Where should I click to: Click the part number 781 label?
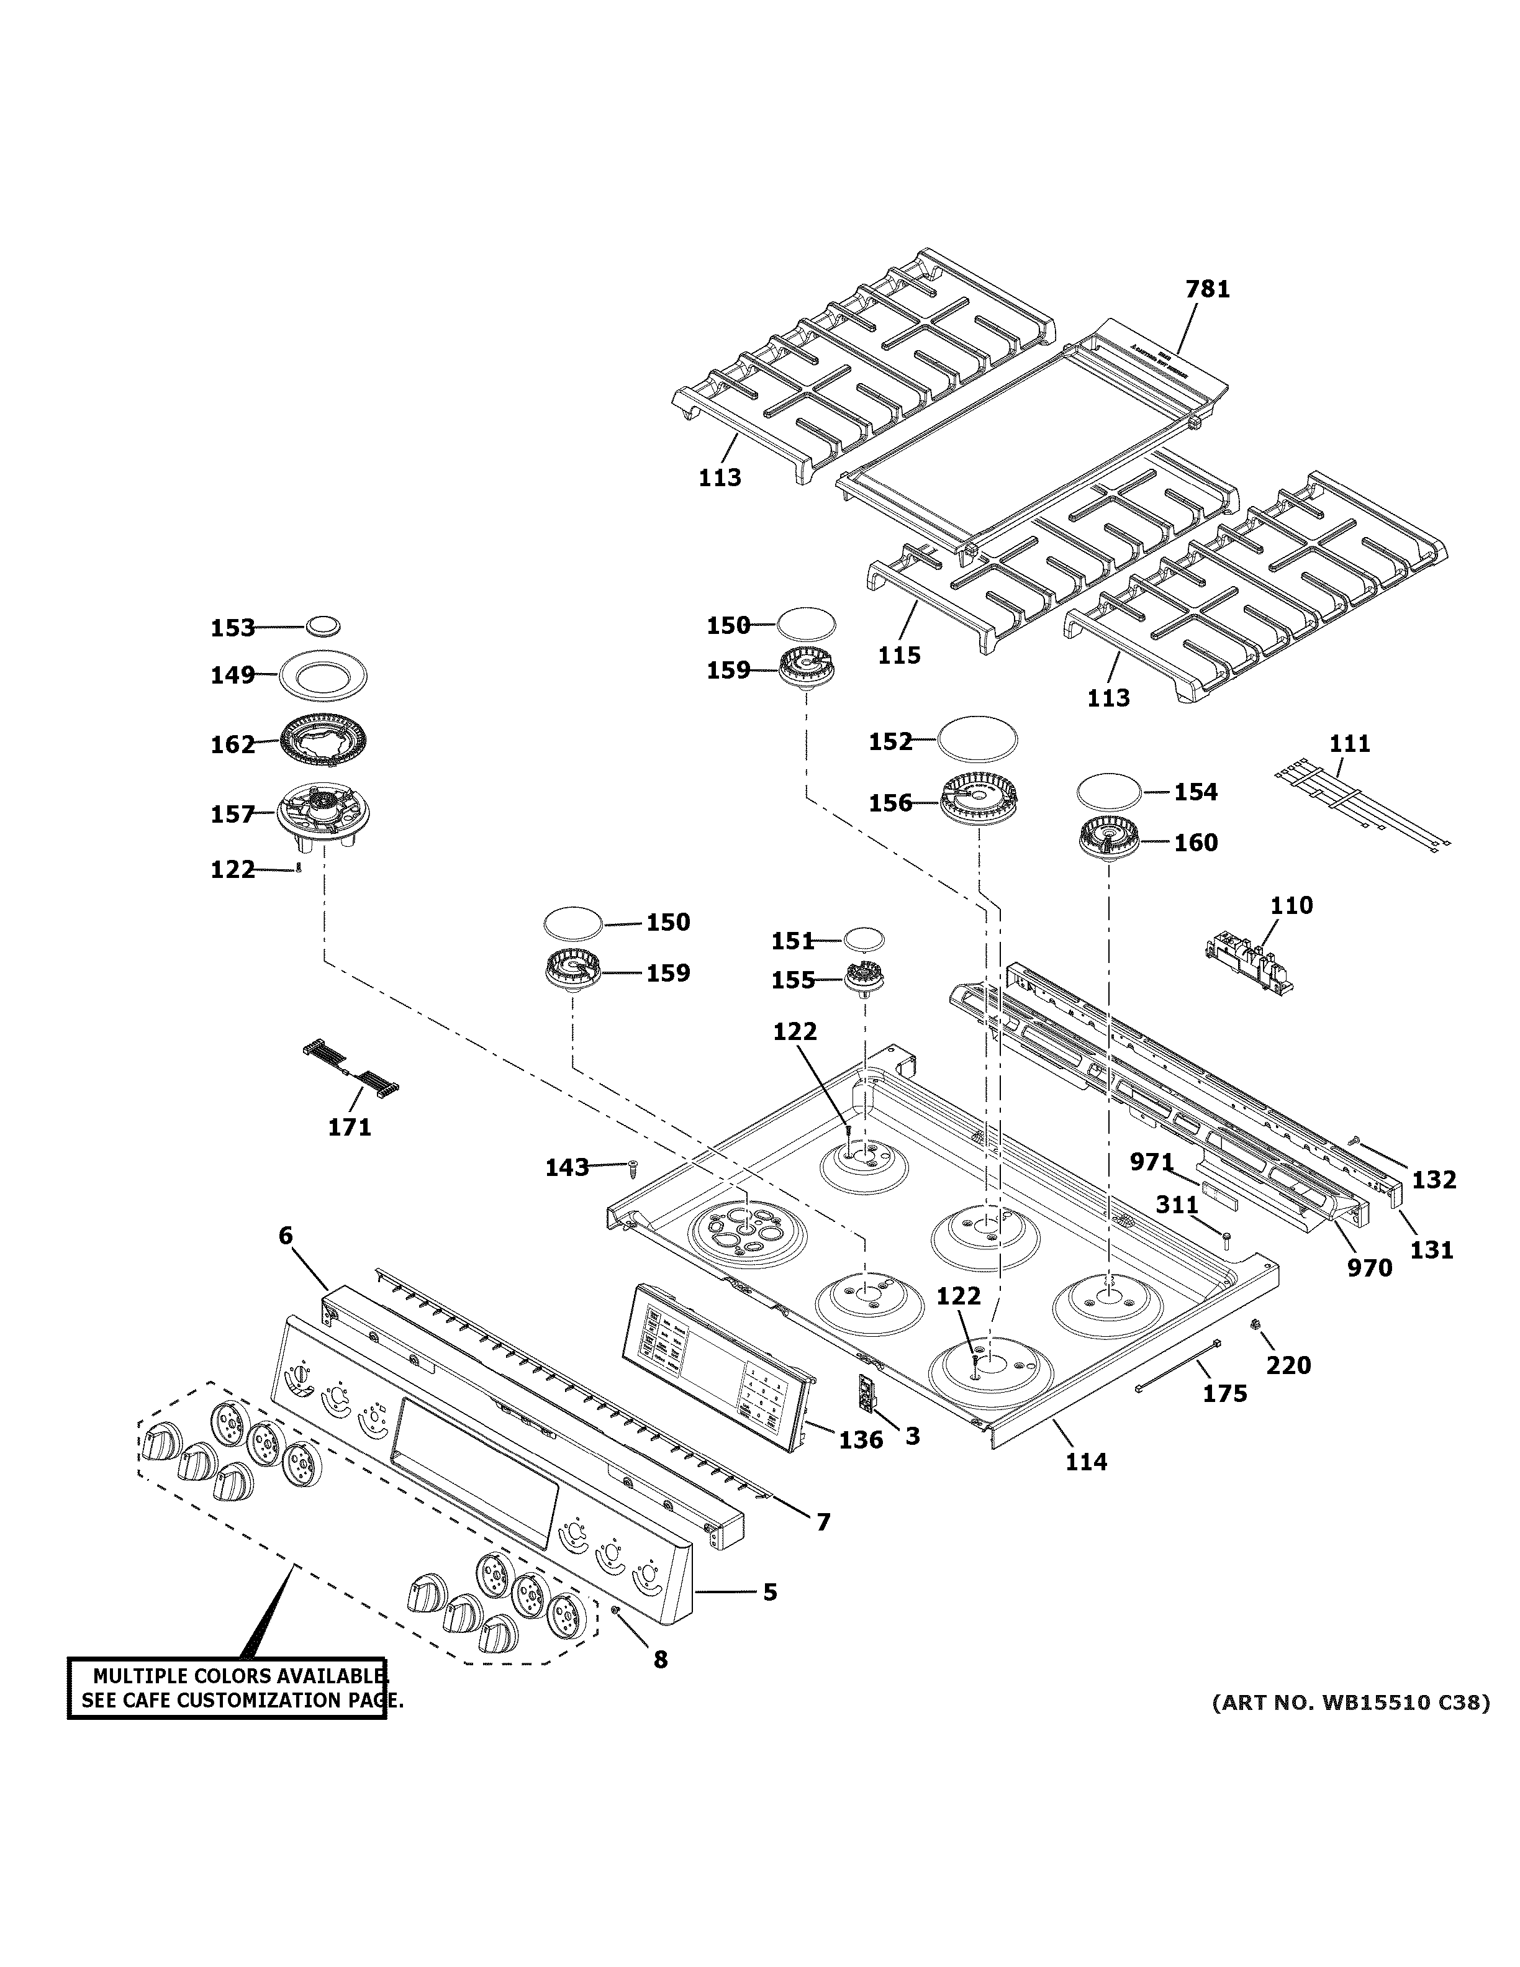(x=1206, y=289)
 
